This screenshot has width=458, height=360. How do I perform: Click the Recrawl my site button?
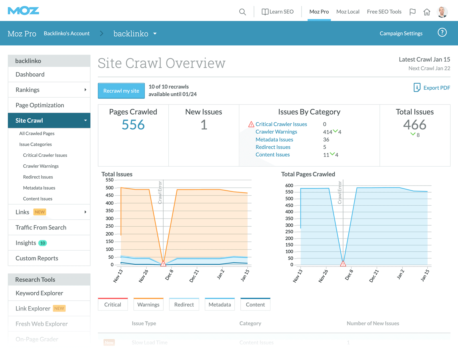click(x=121, y=91)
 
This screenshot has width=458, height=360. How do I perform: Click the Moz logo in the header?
click(x=23, y=11)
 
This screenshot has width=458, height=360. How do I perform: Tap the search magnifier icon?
click(x=242, y=12)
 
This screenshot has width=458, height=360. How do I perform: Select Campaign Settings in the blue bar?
click(x=401, y=34)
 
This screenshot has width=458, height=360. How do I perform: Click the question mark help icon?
click(x=442, y=33)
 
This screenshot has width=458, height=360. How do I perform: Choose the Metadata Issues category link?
click(x=274, y=139)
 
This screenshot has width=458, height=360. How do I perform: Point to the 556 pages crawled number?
click(x=133, y=125)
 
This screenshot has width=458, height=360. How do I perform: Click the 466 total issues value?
click(x=414, y=125)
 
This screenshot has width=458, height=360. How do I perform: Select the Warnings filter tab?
click(x=148, y=304)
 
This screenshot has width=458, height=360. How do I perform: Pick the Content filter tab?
click(x=255, y=304)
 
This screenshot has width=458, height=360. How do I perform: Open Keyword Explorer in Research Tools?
click(x=39, y=293)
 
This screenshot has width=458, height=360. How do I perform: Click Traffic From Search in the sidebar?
click(x=41, y=227)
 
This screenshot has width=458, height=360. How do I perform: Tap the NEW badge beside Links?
click(x=40, y=212)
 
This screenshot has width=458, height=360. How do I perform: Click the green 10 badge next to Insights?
click(x=43, y=243)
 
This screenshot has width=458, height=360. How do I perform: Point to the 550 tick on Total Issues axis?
click(x=110, y=180)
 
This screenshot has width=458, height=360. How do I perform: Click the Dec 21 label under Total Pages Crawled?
click(x=374, y=276)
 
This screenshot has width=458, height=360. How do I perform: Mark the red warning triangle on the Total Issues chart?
click(x=163, y=264)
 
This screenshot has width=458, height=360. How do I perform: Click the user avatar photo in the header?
click(x=442, y=12)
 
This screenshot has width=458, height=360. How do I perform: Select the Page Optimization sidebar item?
click(x=40, y=105)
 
